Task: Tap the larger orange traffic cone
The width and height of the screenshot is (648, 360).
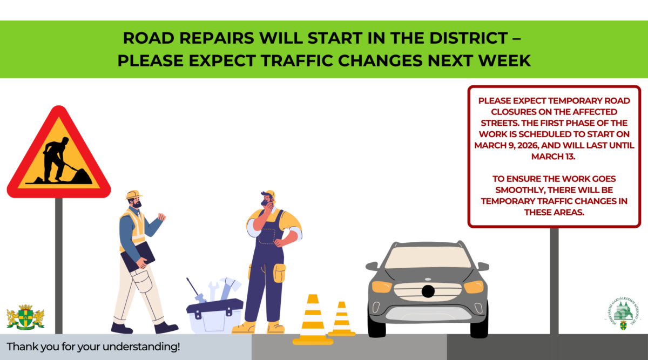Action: (x=313, y=321)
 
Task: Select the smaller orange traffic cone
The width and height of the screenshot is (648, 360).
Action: (x=341, y=320)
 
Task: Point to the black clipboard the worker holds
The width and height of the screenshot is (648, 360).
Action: (x=137, y=256)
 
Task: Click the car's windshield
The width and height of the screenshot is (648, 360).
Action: (x=428, y=257)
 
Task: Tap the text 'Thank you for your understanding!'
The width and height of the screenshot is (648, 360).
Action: (x=93, y=347)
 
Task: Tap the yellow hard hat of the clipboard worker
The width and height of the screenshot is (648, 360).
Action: (x=133, y=194)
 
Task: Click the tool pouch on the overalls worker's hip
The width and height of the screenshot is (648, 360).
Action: (x=279, y=273)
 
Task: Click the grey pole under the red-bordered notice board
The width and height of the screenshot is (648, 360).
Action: (x=554, y=281)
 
